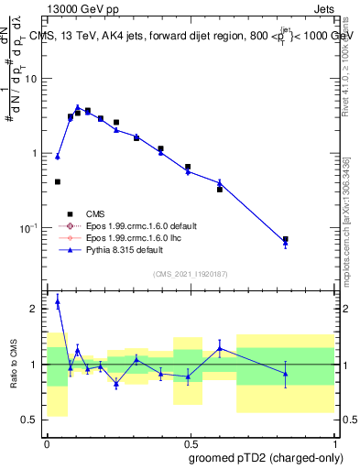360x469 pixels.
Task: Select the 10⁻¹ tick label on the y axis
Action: pyautogui.click(x=30, y=227)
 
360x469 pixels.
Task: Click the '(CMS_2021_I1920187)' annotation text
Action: pyautogui.click(x=190, y=274)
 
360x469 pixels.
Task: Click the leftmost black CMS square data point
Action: pyautogui.click(x=58, y=182)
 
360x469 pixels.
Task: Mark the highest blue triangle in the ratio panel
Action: pyautogui.click(x=58, y=300)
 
